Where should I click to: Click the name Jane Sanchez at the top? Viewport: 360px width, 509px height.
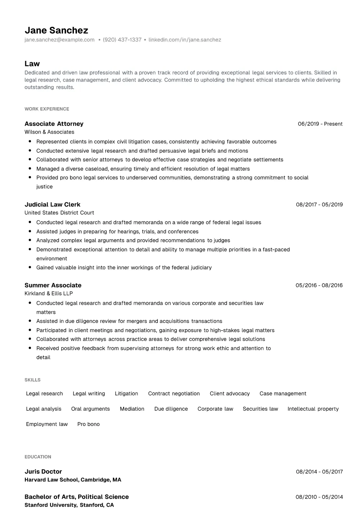pyautogui.click(x=56, y=30)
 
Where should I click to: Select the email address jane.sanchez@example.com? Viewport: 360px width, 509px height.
pyautogui.click(x=59, y=40)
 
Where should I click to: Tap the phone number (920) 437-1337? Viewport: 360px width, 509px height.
pyautogui.click(x=122, y=40)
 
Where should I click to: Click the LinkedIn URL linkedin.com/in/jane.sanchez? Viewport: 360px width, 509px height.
pyautogui.click(x=185, y=40)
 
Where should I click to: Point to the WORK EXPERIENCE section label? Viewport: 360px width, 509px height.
pyautogui.click(x=47, y=109)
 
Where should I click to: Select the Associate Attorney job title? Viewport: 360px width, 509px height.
pyautogui.click(x=54, y=124)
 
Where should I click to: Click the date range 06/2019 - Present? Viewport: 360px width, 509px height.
pyautogui.click(x=320, y=124)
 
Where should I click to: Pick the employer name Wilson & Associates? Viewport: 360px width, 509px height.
pyautogui.click(x=49, y=132)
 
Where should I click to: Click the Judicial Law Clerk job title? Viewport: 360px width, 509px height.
pyautogui.click(x=52, y=204)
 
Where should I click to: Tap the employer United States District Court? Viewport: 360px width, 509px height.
pyautogui.click(x=59, y=213)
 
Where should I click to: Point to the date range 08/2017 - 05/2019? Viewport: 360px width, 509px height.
pyautogui.click(x=319, y=205)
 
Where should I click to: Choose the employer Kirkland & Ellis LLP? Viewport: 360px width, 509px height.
pyautogui.click(x=49, y=294)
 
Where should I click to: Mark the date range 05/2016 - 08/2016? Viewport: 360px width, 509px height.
pyautogui.click(x=319, y=285)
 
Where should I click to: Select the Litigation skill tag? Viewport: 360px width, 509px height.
pyautogui.click(x=126, y=393)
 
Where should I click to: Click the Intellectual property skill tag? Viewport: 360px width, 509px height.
pyautogui.click(x=313, y=409)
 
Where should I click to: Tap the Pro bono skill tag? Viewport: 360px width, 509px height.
pyautogui.click(x=88, y=424)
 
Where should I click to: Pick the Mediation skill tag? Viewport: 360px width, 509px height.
pyautogui.click(x=132, y=409)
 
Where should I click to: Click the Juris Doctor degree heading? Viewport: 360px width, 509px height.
pyautogui.click(x=43, y=471)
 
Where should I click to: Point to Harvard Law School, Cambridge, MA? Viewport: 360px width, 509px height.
pyautogui.click(x=73, y=480)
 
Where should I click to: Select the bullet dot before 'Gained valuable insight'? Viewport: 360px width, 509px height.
pyautogui.click(x=30, y=268)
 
